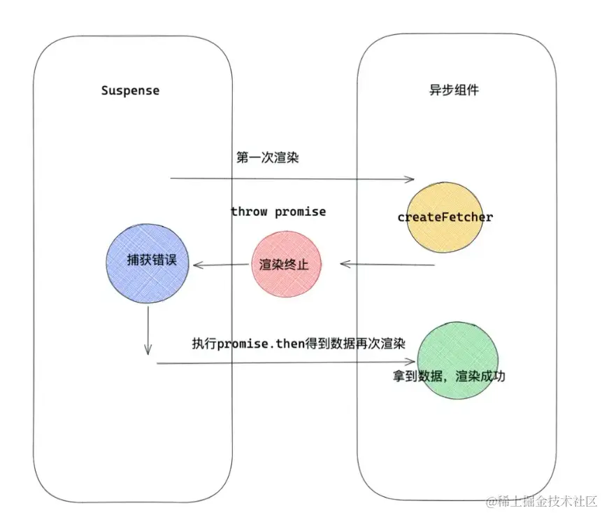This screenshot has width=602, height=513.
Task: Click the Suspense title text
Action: coord(130,90)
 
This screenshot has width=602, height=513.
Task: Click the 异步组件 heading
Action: coord(454,90)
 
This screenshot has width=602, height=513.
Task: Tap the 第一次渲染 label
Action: coord(268,157)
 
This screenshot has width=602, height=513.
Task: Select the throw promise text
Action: coord(278,211)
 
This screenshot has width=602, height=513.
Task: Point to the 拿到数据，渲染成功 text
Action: coord(449,376)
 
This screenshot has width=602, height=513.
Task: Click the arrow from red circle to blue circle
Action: coord(220,265)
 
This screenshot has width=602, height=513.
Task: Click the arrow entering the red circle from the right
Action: coord(388,265)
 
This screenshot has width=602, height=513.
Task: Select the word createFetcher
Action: coord(445,217)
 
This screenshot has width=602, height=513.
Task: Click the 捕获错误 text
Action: coord(148,260)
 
